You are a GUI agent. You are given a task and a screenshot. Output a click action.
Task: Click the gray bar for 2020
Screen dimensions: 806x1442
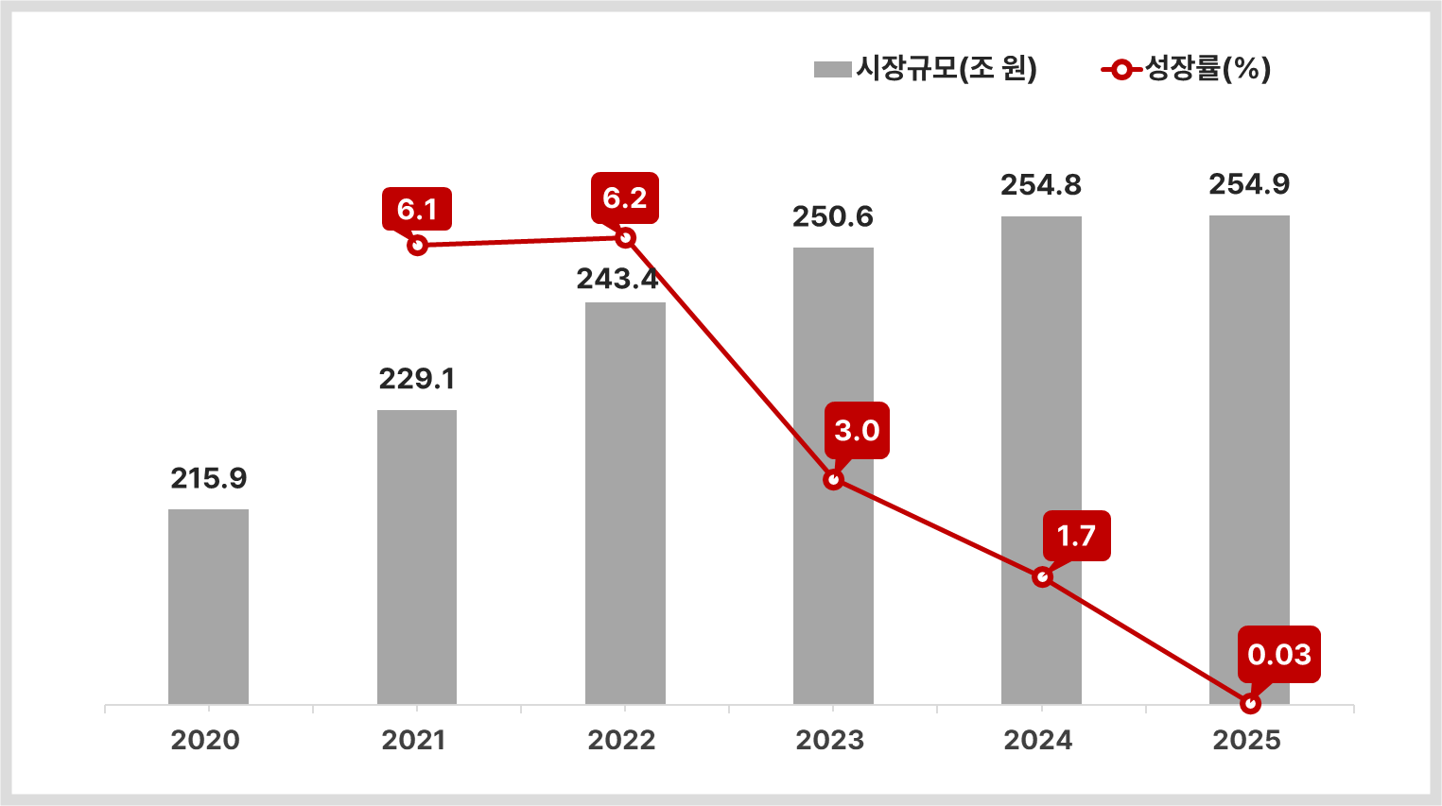tap(208, 607)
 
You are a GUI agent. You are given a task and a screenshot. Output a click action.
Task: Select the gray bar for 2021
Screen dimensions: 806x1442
tap(416, 557)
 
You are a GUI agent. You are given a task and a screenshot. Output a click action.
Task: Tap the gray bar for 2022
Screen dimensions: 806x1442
tap(625, 503)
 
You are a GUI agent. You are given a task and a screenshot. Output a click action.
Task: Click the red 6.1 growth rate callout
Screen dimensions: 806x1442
tap(417, 209)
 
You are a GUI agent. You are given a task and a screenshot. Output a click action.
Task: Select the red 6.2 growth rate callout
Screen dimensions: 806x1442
tap(625, 197)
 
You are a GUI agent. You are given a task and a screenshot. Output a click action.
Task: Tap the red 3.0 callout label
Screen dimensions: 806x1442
tap(857, 431)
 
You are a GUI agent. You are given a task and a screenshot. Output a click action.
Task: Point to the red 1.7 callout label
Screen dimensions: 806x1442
tap(1076, 536)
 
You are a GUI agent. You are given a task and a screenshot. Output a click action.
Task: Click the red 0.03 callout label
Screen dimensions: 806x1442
tap(1279, 654)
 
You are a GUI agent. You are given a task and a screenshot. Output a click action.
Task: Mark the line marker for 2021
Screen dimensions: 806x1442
tap(417, 246)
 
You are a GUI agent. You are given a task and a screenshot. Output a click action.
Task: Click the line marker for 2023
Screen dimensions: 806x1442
tap(833, 480)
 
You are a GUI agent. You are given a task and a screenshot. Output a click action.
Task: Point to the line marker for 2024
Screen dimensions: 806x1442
tap(1042, 576)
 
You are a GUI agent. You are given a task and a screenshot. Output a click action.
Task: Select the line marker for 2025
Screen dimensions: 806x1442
tap(1250, 704)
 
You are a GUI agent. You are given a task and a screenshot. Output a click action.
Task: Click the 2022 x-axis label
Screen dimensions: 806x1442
tap(621, 740)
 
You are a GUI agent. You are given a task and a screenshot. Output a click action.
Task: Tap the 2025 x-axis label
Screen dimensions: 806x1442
tap(1246, 740)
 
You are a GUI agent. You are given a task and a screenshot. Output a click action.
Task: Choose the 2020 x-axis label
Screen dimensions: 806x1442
tap(205, 740)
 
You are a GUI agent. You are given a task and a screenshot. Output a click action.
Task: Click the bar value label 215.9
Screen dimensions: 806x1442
tap(209, 479)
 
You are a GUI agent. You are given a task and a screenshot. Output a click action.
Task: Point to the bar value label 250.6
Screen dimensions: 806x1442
tap(833, 217)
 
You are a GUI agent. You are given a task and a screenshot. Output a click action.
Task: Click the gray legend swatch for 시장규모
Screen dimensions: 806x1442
tap(832, 69)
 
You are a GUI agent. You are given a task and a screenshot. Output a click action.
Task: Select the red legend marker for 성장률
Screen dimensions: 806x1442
tap(1121, 69)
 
